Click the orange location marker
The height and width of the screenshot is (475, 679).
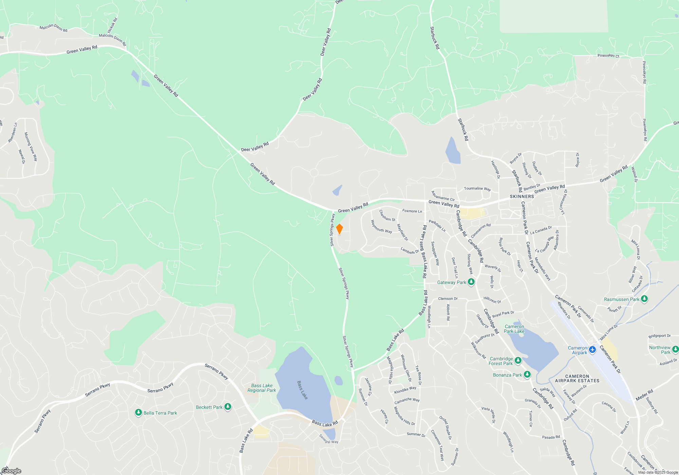339,229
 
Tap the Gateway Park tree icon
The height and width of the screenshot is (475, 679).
471,282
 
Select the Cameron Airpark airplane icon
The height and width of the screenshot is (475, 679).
592,349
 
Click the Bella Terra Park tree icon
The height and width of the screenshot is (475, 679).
138,413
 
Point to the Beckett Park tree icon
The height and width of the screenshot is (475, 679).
228,406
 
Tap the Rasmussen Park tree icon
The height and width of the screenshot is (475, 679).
644,299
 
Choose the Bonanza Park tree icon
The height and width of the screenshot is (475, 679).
527,375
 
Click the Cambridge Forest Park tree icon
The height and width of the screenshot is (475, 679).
518,360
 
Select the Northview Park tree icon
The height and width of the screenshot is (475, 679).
675,349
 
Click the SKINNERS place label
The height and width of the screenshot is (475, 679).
522,196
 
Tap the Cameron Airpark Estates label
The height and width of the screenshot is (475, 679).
577,379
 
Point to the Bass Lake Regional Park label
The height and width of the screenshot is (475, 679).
262,388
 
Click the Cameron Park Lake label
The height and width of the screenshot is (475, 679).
514,329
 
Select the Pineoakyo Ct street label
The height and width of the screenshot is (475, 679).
608,56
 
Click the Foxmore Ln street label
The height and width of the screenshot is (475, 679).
412,211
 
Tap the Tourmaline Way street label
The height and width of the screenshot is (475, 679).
477,189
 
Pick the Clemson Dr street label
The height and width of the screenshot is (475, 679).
448,299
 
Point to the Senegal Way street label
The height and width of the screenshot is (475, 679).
329,439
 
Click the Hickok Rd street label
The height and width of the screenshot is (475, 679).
112,25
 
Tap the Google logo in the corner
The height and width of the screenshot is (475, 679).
12,471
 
